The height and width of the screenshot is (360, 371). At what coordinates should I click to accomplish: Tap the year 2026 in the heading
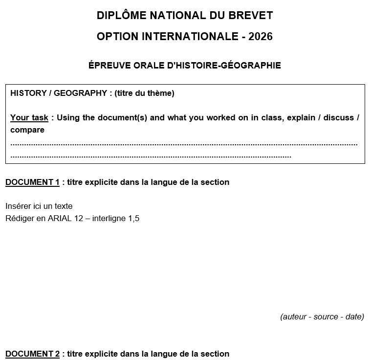point(261,37)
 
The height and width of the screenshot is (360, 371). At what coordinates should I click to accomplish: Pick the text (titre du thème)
point(144,93)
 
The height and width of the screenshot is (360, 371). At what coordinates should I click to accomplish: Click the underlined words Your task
point(29,118)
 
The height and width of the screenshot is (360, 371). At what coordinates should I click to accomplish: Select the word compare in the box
point(27,130)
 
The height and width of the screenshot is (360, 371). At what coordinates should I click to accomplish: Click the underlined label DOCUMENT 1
point(32,182)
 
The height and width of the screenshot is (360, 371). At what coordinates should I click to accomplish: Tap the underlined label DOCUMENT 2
point(32,354)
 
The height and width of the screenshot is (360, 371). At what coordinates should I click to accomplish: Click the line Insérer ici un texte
point(39,206)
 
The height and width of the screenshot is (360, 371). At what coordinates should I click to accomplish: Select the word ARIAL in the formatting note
point(60,219)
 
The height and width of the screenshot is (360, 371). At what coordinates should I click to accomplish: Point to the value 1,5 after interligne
point(133,219)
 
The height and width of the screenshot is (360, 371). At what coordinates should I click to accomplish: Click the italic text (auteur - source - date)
point(322,317)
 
